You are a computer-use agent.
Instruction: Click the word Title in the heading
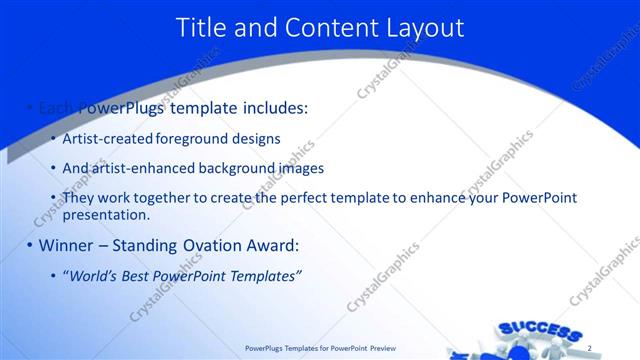pos(200,28)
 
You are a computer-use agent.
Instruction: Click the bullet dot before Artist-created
pos(53,139)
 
